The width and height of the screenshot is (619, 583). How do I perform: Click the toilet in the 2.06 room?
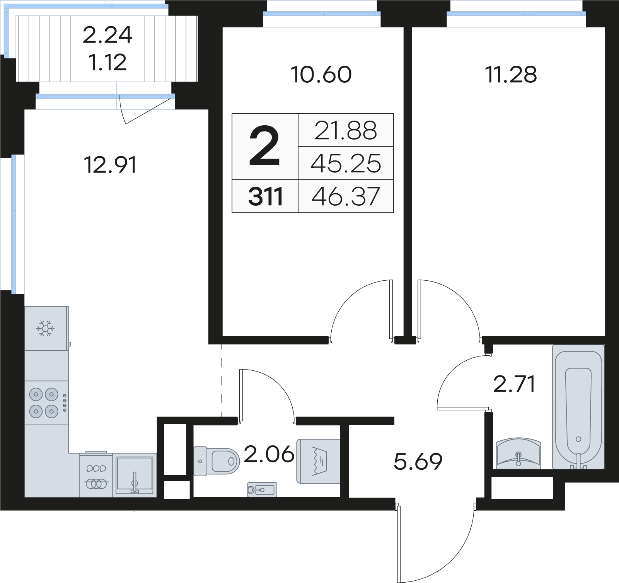point(217,461)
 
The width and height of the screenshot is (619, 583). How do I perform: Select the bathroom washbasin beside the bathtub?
point(518,453)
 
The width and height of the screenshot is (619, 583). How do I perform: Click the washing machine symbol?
point(319,461)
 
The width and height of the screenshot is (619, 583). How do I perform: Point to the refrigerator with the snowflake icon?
point(46,329)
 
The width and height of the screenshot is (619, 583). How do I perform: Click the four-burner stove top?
point(44,403)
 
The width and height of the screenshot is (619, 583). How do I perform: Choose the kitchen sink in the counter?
point(135,475)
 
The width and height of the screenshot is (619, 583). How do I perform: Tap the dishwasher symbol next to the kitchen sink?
point(96,476)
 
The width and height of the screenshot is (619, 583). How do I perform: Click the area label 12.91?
point(110,165)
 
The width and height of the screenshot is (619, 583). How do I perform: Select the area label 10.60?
point(321,75)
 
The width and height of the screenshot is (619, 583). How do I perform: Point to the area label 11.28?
point(511,75)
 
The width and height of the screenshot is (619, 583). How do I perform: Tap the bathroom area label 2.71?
point(514,384)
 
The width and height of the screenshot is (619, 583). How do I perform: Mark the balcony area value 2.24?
point(107,35)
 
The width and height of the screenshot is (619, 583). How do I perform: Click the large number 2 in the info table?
point(264,147)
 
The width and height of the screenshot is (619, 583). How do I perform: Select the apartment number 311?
point(265,196)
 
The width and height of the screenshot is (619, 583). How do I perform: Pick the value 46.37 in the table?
point(346,196)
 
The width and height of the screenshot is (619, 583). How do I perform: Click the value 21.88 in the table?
point(346,131)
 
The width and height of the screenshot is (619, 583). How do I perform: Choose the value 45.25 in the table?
point(346,164)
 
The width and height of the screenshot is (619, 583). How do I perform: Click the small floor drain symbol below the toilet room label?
point(262,490)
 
